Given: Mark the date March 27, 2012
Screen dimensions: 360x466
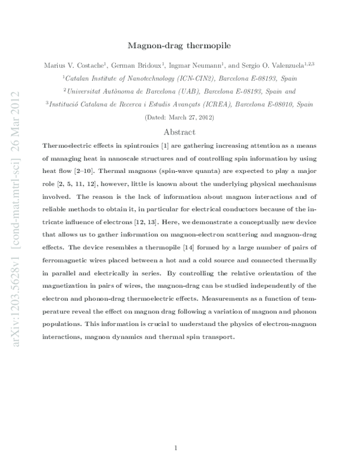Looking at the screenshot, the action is [184, 118].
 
